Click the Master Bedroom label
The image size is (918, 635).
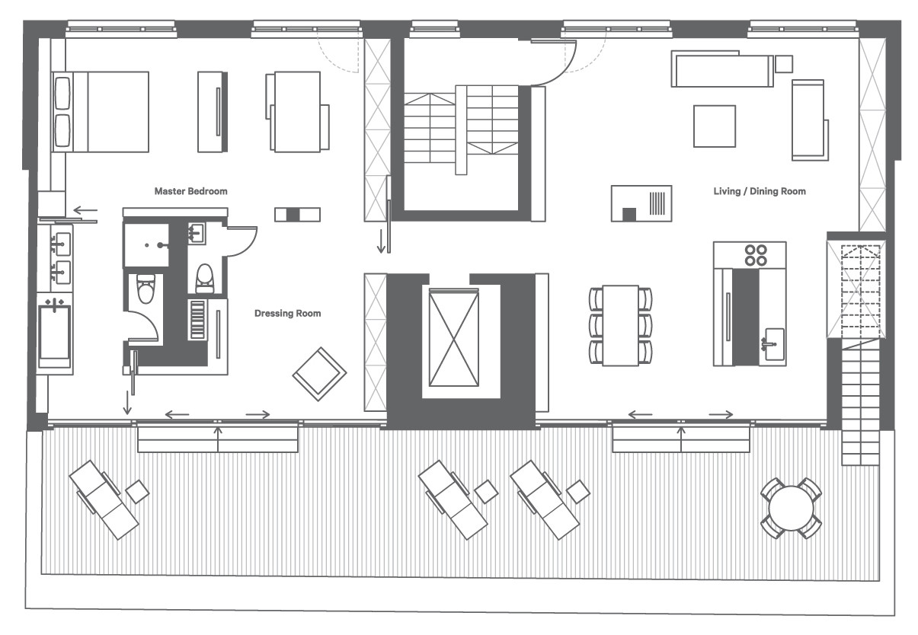click(190, 191)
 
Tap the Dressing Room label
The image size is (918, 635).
click(287, 314)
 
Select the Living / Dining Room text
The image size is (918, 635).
click(760, 191)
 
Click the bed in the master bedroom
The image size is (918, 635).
click(101, 112)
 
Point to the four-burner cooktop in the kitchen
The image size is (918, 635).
click(756, 255)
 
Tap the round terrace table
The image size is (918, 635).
click(791, 508)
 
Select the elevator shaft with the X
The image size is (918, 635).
click(454, 337)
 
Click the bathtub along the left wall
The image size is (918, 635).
click(55, 335)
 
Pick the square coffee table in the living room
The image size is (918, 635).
click(715, 126)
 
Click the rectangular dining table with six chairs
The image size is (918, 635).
click(620, 325)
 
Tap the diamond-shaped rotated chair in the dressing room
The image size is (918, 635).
click(319, 374)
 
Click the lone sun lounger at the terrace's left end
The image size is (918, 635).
click(104, 499)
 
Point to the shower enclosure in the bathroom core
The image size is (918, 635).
click(147, 245)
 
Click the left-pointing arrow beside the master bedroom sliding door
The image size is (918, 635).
click(85, 211)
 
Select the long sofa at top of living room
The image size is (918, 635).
click(722, 69)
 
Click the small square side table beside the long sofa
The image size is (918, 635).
click(784, 64)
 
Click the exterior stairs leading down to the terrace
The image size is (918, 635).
click(861, 401)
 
